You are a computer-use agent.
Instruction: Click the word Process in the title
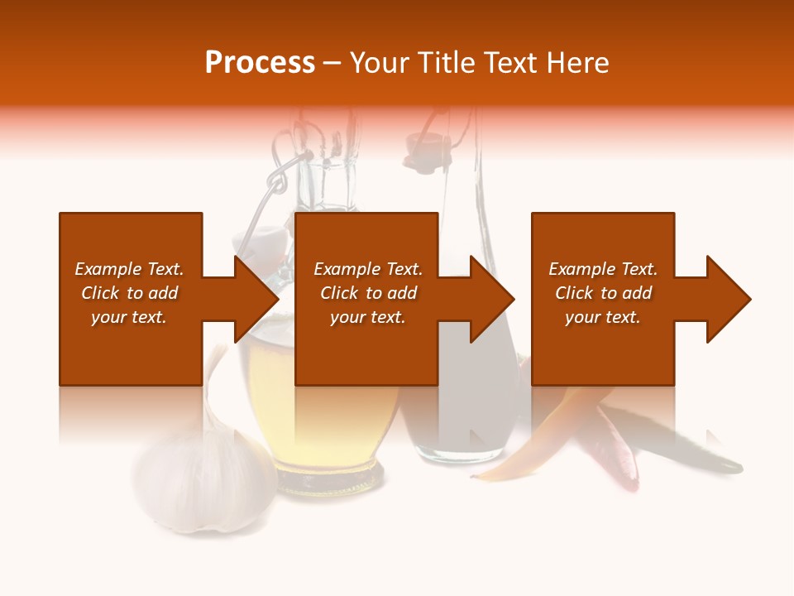pyautogui.click(x=260, y=62)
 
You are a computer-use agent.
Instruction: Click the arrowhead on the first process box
pyautogui.click(x=256, y=299)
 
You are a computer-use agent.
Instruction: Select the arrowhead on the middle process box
pyautogui.click(x=492, y=299)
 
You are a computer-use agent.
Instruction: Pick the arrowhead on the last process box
pyautogui.click(x=728, y=299)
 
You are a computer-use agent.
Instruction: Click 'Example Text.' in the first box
pyautogui.click(x=129, y=269)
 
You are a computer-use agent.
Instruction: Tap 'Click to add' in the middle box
pyautogui.click(x=368, y=293)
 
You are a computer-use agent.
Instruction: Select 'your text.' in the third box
pyautogui.click(x=602, y=317)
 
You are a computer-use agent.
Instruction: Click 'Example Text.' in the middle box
pyautogui.click(x=368, y=269)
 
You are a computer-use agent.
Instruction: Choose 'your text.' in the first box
pyautogui.click(x=129, y=317)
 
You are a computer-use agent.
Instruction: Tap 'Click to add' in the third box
pyautogui.click(x=603, y=293)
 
